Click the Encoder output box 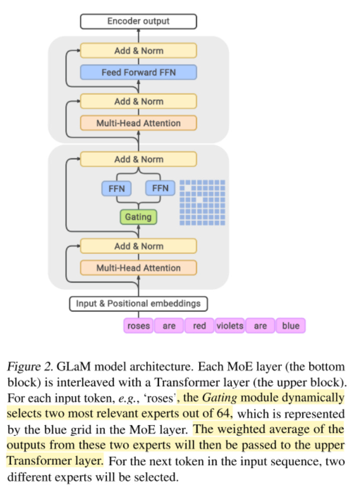[x=138, y=21]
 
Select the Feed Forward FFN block [x=138, y=72]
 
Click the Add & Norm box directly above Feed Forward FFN [x=138, y=51]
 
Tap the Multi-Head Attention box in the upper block [x=138, y=123]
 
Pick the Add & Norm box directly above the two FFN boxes [x=138, y=159]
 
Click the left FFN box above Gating [x=116, y=189]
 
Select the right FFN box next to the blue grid [x=160, y=188]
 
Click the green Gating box [x=138, y=217]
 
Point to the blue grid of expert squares [x=203, y=202]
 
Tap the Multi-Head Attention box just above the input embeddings [x=138, y=268]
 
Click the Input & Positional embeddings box [x=138, y=303]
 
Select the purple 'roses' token [x=138, y=326]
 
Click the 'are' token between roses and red [x=169, y=326]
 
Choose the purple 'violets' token [x=230, y=326]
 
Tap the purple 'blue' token [x=290, y=326]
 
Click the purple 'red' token [x=199, y=326]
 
